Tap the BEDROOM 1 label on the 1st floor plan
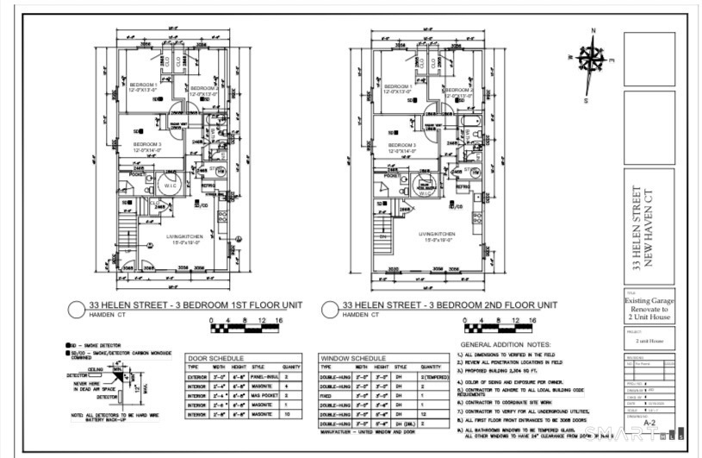pyautogui.click(x=143, y=87)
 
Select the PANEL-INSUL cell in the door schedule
pyautogui.click(x=264, y=377)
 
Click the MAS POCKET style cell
pyautogui.click(x=264, y=396)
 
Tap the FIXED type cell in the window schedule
pyautogui.click(x=332, y=396)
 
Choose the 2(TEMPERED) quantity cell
pyautogui.click(x=435, y=377)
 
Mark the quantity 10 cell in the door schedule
pyautogui.click(x=292, y=415)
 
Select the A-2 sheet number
pyautogui.click(x=649, y=437)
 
